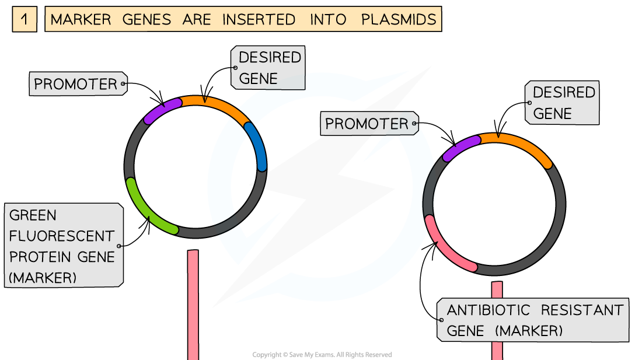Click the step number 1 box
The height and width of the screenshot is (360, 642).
pyautogui.click(x=25, y=19)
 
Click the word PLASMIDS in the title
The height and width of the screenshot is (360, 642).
pyautogui.click(x=399, y=20)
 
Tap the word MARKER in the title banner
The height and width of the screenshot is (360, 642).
pyautogui.click(x=81, y=20)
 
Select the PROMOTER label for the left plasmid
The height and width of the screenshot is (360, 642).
pyautogui.click(x=78, y=84)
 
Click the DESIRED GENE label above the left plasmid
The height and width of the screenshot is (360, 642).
pyautogui.click(x=268, y=68)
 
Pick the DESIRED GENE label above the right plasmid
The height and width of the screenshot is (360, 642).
pyautogui.click(x=562, y=103)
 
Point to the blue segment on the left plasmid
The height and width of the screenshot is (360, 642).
pyautogui.click(x=257, y=145)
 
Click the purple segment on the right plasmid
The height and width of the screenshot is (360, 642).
pyautogui.click(x=460, y=148)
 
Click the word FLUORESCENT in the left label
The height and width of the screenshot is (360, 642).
pyautogui.click(x=62, y=236)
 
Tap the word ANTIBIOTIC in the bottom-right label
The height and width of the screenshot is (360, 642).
pyautogui.click(x=489, y=310)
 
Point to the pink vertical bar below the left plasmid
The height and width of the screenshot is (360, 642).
pyautogui.click(x=193, y=305)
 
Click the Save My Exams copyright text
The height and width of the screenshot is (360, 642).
pyautogui.click(x=322, y=355)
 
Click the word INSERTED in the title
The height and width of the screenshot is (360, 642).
pyautogui.click(x=259, y=20)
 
